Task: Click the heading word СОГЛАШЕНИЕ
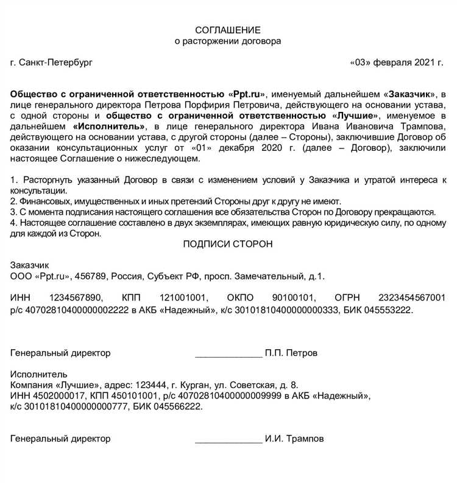pyautogui.click(x=228, y=30)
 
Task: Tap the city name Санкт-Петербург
pyautogui.click(x=56, y=63)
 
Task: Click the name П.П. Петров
pyautogui.click(x=291, y=353)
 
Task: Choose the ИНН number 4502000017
pyautogui.click(x=56, y=396)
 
